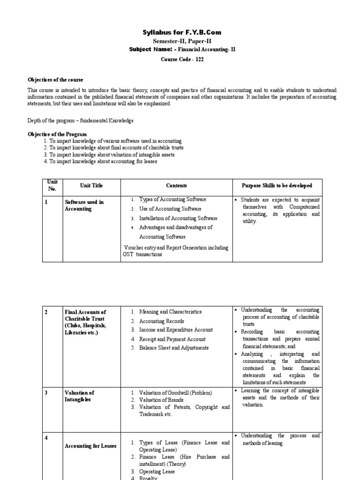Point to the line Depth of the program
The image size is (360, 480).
tap(81, 120)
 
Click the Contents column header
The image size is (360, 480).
tap(176, 186)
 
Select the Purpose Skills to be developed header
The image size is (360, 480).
tap(277, 186)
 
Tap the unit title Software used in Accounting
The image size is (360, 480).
tap(84, 205)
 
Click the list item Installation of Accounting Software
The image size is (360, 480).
tap(178, 218)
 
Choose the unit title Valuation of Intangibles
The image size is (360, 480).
tap(80, 396)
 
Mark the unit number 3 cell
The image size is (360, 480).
tap(46, 393)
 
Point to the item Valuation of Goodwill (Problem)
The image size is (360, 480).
tap(176, 393)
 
